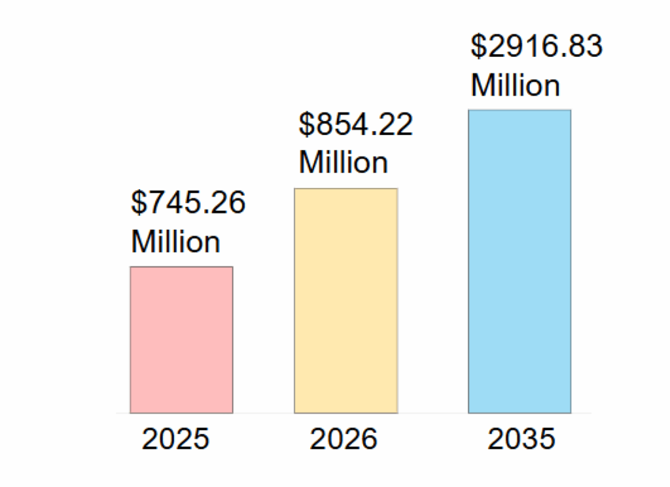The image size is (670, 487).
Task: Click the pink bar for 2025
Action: [181, 340]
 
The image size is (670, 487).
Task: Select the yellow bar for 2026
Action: [345, 300]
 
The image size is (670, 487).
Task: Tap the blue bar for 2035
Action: [520, 261]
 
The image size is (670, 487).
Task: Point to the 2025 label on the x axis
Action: [176, 439]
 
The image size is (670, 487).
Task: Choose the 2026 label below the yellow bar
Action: [344, 439]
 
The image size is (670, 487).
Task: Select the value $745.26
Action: [188, 204]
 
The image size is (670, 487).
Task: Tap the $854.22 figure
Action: [356, 124]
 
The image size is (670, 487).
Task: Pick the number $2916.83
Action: [537, 47]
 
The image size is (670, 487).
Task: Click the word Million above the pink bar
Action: [175, 242]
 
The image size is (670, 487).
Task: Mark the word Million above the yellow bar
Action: [344, 162]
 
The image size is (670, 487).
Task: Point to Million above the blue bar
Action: [516, 86]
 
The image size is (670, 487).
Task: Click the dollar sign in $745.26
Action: [138, 204]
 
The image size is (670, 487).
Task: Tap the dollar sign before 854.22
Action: [306, 124]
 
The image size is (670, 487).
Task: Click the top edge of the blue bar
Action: [520, 110]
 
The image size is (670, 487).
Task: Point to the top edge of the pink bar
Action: [181, 267]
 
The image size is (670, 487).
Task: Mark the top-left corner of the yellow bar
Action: [294, 189]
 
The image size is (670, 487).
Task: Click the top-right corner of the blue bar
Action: [571, 110]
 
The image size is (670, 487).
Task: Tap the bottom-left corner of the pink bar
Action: [130, 413]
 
